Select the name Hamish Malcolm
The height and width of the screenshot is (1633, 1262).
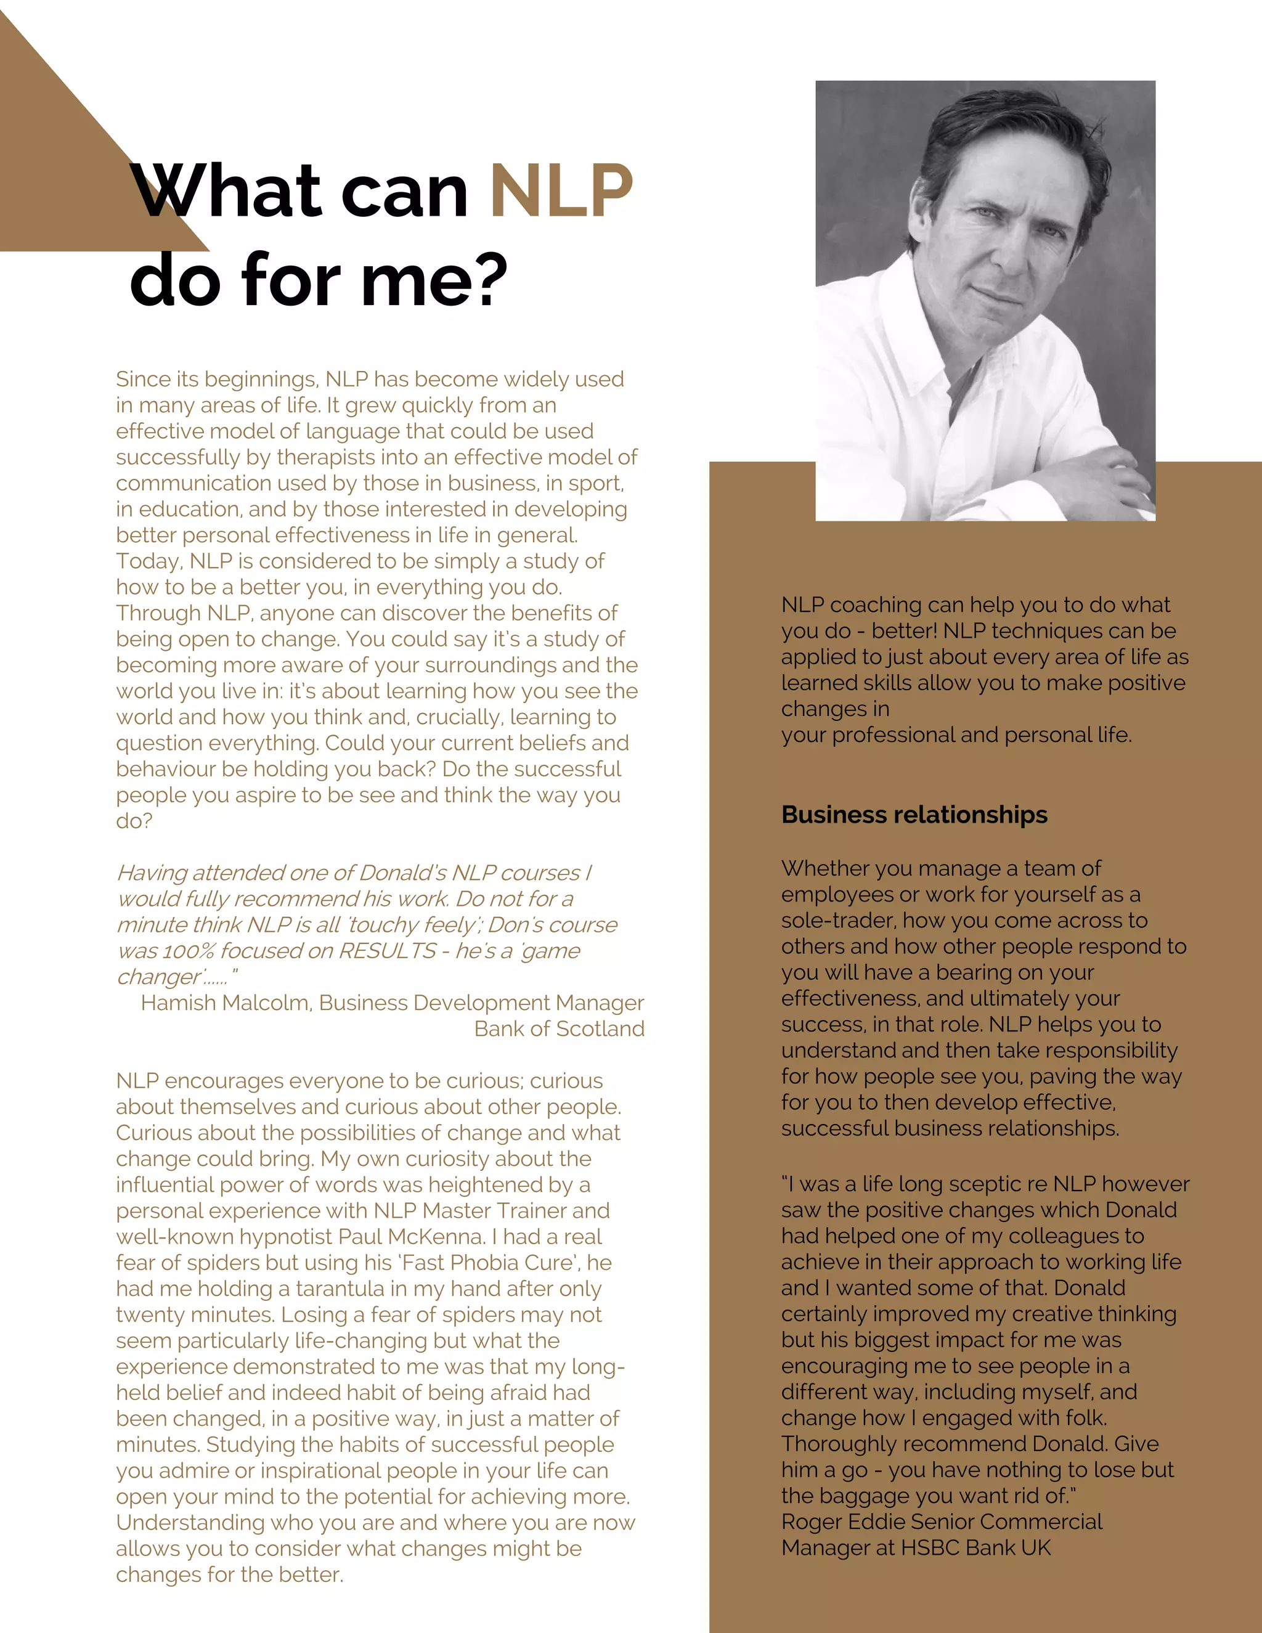225,1003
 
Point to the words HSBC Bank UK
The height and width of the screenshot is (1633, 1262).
975,1548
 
